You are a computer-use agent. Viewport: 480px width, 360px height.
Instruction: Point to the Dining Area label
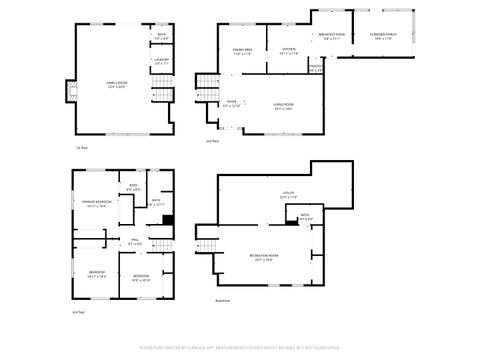[243, 51]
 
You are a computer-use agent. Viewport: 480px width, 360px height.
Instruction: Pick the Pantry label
[315, 68]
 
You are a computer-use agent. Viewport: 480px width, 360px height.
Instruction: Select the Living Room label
[283, 107]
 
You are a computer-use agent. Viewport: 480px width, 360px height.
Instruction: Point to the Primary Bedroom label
[96, 203]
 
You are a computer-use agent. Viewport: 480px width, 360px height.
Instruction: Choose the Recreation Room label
[265, 257]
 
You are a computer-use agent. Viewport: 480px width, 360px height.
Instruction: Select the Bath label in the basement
[304, 216]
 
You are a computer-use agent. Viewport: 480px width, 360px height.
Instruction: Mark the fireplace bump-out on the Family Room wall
[69, 92]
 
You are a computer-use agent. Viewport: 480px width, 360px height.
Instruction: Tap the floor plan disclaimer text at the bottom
[240, 349]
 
